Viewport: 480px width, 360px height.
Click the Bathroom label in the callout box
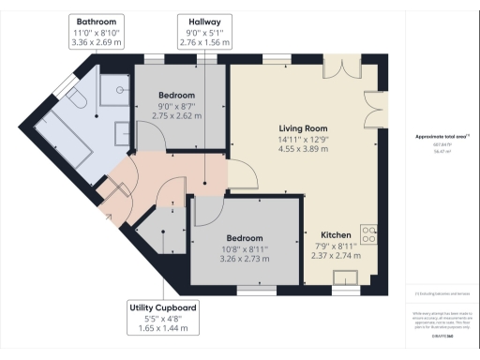point(97,21)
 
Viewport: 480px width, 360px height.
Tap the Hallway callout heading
point(203,21)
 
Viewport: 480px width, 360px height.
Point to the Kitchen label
point(336,234)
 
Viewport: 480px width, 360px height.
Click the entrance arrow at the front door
point(109,217)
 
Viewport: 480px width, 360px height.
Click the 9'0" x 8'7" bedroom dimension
point(176,106)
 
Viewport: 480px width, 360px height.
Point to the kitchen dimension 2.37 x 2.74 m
point(336,256)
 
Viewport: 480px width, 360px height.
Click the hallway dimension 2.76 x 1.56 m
point(203,43)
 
